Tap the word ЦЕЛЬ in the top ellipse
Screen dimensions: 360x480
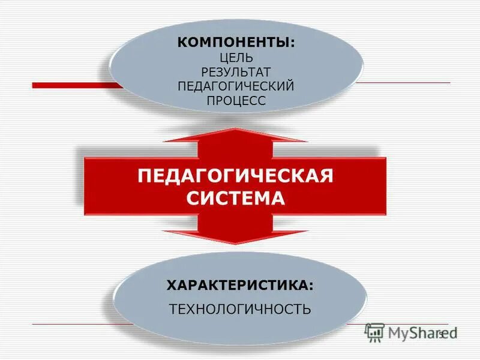236,58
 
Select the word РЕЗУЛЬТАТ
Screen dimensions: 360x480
236,73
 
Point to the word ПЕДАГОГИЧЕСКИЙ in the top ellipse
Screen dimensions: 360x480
236,86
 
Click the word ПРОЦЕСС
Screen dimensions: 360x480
236,101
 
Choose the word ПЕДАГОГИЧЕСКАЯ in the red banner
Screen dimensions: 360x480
235,177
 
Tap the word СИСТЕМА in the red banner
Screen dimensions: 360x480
235,198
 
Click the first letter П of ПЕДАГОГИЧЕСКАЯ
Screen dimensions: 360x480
144,177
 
